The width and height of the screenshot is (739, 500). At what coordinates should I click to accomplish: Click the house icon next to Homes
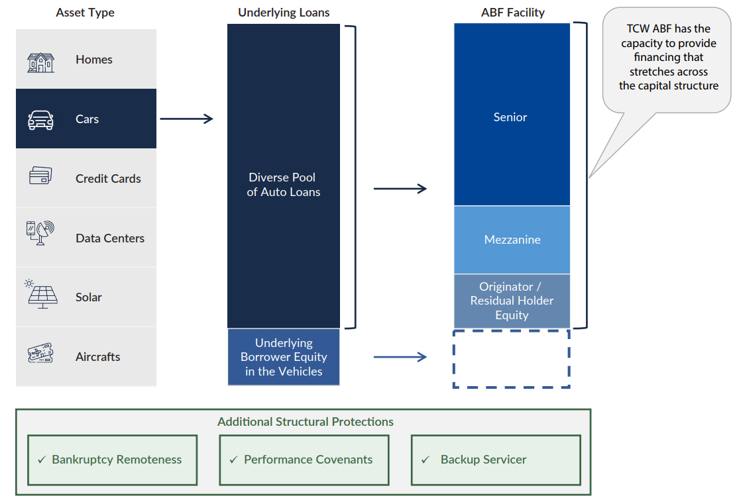(41, 62)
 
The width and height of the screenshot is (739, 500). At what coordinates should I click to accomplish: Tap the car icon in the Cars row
(41, 120)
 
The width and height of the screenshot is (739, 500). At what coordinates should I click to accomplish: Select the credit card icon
(40, 176)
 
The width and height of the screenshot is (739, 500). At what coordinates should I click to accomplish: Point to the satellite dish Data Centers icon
(40, 232)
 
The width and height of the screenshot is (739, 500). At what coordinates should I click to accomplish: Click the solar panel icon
(41, 294)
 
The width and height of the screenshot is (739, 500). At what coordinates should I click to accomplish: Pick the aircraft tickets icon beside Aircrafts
(40, 353)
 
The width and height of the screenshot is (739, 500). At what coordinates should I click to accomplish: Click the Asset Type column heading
(85, 13)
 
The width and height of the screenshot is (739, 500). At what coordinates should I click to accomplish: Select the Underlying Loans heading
(284, 13)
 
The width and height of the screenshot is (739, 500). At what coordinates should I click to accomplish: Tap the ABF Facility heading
(512, 13)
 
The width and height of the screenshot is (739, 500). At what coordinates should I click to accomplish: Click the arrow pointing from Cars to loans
(186, 119)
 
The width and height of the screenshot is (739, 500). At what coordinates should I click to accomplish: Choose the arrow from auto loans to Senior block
(400, 189)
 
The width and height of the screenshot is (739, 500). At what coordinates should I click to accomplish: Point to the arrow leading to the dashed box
(400, 358)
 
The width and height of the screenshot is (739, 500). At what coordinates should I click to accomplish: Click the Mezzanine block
(512, 240)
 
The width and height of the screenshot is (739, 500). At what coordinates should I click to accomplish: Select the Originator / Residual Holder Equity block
(512, 301)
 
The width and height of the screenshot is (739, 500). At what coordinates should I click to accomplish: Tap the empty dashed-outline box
(511, 358)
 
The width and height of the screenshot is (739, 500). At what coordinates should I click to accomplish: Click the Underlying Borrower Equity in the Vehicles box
(284, 357)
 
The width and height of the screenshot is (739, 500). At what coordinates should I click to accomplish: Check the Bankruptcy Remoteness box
(112, 460)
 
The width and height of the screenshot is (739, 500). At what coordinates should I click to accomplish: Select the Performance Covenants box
(304, 460)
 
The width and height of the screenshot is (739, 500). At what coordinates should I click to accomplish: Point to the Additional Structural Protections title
(306, 422)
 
